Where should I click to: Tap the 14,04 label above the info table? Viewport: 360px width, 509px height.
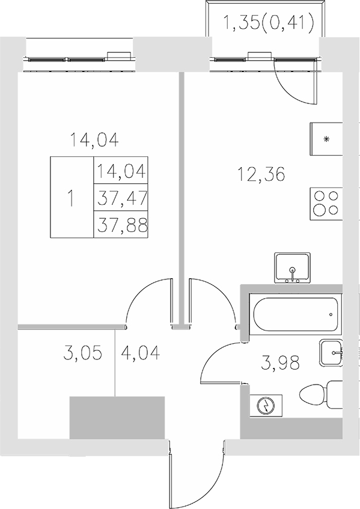coord(94,140)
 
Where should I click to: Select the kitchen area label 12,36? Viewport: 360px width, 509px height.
coord(261,175)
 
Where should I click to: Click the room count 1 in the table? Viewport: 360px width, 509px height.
coord(72,198)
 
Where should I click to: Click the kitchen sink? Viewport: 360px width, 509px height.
coord(292,268)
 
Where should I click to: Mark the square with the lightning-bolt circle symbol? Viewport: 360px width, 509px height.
coord(265,406)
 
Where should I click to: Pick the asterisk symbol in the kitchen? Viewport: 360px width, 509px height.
coord(327,140)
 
